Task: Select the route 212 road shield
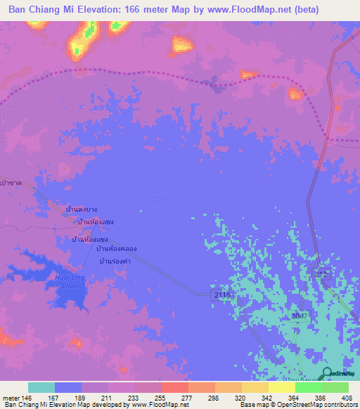tap(321, 273)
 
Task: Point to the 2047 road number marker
tap(300, 317)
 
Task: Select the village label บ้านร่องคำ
tap(115, 261)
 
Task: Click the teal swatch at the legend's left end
tap(41, 387)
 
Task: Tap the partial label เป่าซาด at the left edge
tap(11, 182)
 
